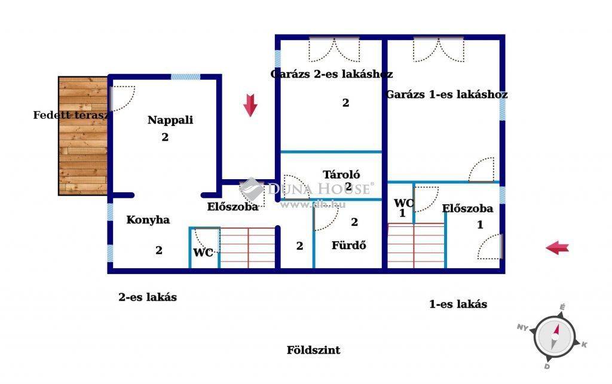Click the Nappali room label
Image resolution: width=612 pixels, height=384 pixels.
[170, 120]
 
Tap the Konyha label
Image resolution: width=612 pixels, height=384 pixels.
[148, 220]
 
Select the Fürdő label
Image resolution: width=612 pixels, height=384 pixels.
[349, 245]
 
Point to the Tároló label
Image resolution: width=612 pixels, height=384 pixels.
[341, 174]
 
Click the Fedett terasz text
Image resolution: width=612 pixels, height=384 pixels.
[71, 115]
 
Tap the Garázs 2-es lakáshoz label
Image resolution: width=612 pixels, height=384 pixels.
[331, 73]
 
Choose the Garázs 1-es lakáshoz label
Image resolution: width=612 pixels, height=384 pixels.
[446, 94]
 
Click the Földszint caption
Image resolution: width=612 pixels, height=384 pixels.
[313, 350]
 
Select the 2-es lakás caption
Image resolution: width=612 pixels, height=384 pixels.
[148, 297]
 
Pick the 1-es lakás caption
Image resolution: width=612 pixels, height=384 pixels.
[458, 304]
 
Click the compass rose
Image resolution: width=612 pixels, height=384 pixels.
[553, 337]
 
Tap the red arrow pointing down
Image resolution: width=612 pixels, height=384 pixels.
[250, 105]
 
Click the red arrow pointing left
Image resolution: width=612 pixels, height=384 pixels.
[558, 248]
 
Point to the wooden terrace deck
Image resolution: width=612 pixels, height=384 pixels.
[82, 136]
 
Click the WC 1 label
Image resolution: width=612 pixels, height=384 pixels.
[403, 207]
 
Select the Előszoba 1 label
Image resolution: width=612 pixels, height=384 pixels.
[467, 216]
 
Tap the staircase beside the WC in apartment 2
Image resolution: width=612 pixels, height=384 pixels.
[247, 248]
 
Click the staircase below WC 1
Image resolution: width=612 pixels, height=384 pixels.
[416, 245]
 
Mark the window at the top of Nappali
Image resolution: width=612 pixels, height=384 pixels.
[186, 77]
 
